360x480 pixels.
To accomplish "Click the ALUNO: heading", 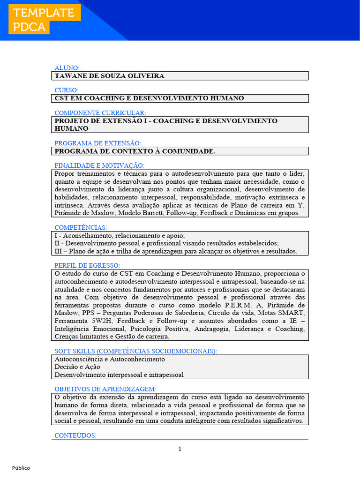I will [67, 67].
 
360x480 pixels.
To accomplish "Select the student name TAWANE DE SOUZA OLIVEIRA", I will [110, 76].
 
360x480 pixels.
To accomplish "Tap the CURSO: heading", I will [67, 90].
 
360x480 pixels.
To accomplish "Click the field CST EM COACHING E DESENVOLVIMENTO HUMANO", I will [149, 98].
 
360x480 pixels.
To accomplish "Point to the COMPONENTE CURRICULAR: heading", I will [100, 113].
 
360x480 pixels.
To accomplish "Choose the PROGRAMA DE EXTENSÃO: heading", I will [97, 143].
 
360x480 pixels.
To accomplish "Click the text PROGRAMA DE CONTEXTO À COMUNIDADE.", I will [135, 151].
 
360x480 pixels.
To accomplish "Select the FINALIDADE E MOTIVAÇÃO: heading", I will [99, 165].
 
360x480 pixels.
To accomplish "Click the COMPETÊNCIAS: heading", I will [81, 227].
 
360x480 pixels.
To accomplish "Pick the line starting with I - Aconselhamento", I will [120, 236].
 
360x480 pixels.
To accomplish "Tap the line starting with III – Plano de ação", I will [176, 251].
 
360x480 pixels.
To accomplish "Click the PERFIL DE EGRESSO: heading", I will [87, 265].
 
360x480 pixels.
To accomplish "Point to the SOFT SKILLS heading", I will [135, 351].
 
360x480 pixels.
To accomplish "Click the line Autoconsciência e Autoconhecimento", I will [110, 359].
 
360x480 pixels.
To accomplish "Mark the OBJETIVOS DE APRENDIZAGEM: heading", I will [105, 389].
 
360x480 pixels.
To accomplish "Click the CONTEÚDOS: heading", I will [75, 435].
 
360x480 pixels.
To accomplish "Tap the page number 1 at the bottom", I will [180, 449].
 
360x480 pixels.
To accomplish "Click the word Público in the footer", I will [21, 468].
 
